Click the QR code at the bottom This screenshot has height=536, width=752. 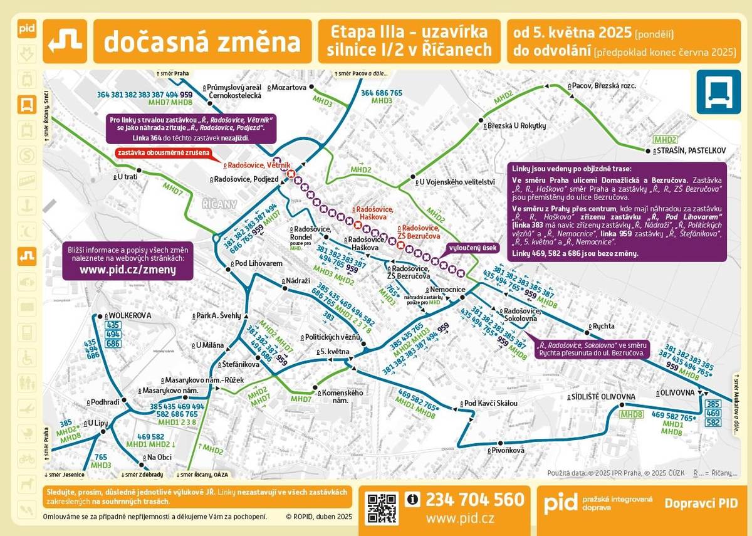[382, 508]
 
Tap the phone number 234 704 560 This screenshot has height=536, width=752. [474, 500]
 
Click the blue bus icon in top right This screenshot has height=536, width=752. [718, 92]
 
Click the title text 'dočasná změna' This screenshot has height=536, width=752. [202, 41]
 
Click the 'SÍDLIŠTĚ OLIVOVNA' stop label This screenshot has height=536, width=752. [602, 397]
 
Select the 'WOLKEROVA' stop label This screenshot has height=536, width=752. [130, 315]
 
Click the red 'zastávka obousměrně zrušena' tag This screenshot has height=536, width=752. [162, 152]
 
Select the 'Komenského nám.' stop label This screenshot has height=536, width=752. [343, 396]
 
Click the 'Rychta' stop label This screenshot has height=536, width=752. [603, 326]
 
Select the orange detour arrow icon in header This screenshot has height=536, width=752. [66, 41]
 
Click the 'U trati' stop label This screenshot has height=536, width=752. [127, 177]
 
